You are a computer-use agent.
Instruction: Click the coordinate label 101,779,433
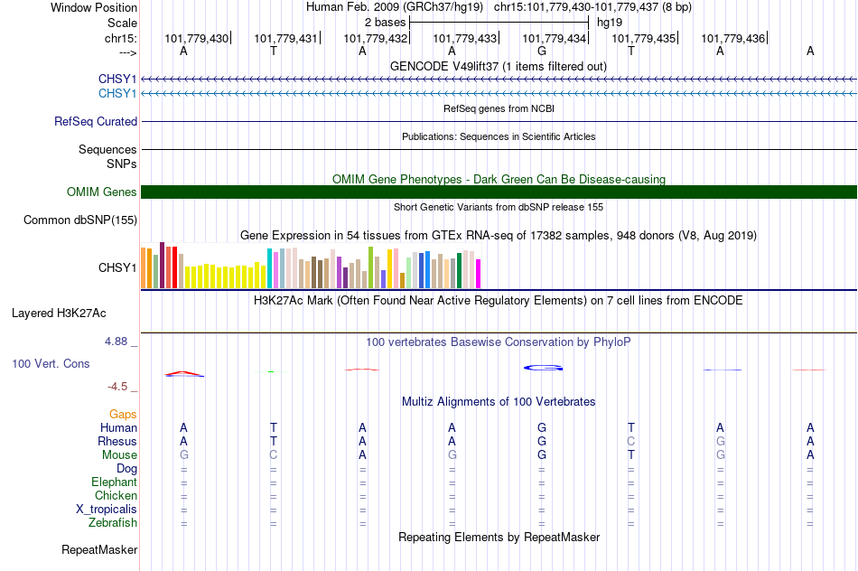pos(464,38)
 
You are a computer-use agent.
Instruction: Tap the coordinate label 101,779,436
pos(732,38)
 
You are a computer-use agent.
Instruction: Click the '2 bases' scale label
pos(386,23)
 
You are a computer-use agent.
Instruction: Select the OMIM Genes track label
pos(102,192)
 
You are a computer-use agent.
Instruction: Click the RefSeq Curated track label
pos(96,122)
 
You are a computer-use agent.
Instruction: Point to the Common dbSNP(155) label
pos(80,220)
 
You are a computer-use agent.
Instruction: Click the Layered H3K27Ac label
pos(59,314)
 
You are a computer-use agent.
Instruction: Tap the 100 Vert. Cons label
pos(51,363)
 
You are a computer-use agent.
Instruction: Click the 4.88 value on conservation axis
pos(116,342)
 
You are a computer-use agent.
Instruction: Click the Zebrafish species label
pos(113,523)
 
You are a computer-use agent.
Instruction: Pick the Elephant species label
pos(115,482)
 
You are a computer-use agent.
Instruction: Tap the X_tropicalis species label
pos(107,510)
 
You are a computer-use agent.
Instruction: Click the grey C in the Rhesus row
pos(631,441)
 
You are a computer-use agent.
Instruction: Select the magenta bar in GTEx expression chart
pos(479,274)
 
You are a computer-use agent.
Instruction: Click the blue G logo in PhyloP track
pos(544,368)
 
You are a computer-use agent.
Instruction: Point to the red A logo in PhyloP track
pos(184,373)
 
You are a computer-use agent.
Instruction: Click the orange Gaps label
pos(123,415)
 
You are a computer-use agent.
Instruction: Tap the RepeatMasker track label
pos(99,549)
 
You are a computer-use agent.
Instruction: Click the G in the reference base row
pos(542,51)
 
